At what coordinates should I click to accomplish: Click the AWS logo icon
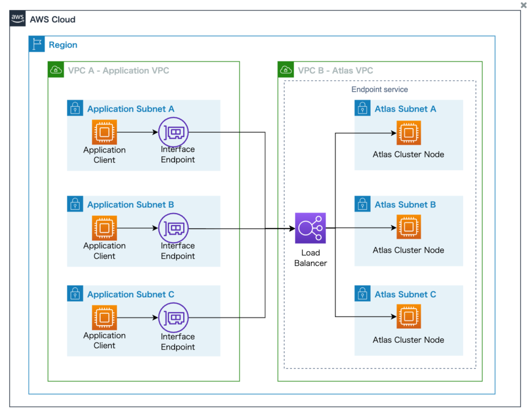coord(18,19)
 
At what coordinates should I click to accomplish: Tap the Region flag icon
coord(37,45)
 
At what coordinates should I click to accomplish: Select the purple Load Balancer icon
coord(310,228)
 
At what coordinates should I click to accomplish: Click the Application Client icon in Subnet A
coord(104,133)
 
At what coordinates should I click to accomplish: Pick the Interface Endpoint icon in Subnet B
coord(173,228)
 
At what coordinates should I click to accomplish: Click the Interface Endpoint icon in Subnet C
coord(173,318)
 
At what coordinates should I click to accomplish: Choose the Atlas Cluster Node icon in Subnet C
coord(408,316)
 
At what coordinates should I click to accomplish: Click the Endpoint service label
coord(380,89)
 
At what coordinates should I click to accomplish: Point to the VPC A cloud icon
coord(56,70)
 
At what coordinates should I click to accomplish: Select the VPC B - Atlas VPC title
coord(335,70)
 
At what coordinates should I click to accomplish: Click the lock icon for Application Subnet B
coord(75,204)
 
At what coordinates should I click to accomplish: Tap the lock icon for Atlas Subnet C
coord(362,294)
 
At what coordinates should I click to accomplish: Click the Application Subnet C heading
coord(130,294)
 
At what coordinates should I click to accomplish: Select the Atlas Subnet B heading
coord(405,205)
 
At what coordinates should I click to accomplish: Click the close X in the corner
coord(523,5)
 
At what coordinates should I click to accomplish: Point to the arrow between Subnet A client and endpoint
coord(137,133)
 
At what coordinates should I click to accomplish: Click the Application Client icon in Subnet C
coord(104,318)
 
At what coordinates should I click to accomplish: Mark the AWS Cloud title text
coord(52,19)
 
